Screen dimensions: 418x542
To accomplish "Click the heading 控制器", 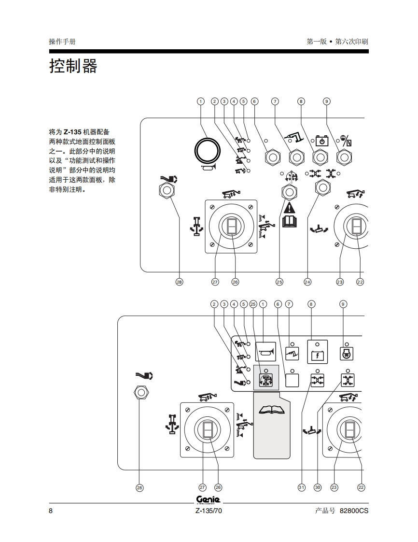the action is pyautogui.click(x=73, y=66).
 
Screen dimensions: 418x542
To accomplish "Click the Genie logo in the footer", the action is pyautogui.click(x=209, y=500).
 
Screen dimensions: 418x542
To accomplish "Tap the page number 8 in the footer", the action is pyautogui.click(x=51, y=511).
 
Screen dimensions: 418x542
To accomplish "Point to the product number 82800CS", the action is pyautogui.click(x=354, y=511).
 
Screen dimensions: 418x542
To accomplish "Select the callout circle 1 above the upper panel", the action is pyautogui.click(x=201, y=101).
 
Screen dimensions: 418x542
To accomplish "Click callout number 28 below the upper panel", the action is pyautogui.click(x=179, y=282).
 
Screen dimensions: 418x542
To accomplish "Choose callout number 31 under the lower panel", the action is pyautogui.click(x=302, y=487).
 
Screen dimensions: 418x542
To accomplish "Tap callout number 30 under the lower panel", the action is pyautogui.click(x=318, y=487).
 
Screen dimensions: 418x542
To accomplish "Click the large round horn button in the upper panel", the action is pyautogui.click(x=207, y=151).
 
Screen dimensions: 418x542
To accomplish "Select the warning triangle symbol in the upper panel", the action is pyautogui.click(x=289, y=208).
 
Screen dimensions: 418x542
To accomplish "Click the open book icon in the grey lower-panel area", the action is pyautogui.click(x=272, y=410).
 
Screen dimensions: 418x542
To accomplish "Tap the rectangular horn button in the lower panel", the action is pyautogui.click(x=265, y=352).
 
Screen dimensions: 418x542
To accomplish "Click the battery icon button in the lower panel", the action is pyautogui.click(x=318, y=352).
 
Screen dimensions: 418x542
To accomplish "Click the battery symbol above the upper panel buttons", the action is pyautogui.click(x=322, y=141).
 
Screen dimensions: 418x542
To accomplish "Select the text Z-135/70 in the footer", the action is pyautogui.click(x=209, y=511).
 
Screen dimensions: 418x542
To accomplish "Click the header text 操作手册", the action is pyautogui.click(x=62, y=42).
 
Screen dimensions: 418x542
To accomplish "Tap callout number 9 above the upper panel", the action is pyautogui.click(x=326, y=101).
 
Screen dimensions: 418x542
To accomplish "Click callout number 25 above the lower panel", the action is pyautogui.click(x=253, y=304).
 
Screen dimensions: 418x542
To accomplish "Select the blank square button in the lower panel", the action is pyautogui.click(x=292, y=380).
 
